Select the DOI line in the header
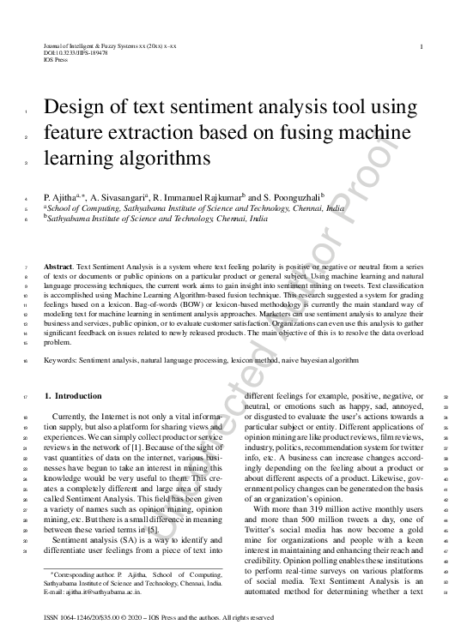click(76, 53)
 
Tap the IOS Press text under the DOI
click(55, 60)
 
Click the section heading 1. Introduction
click(72, 396)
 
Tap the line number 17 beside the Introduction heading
click(27, 397)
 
